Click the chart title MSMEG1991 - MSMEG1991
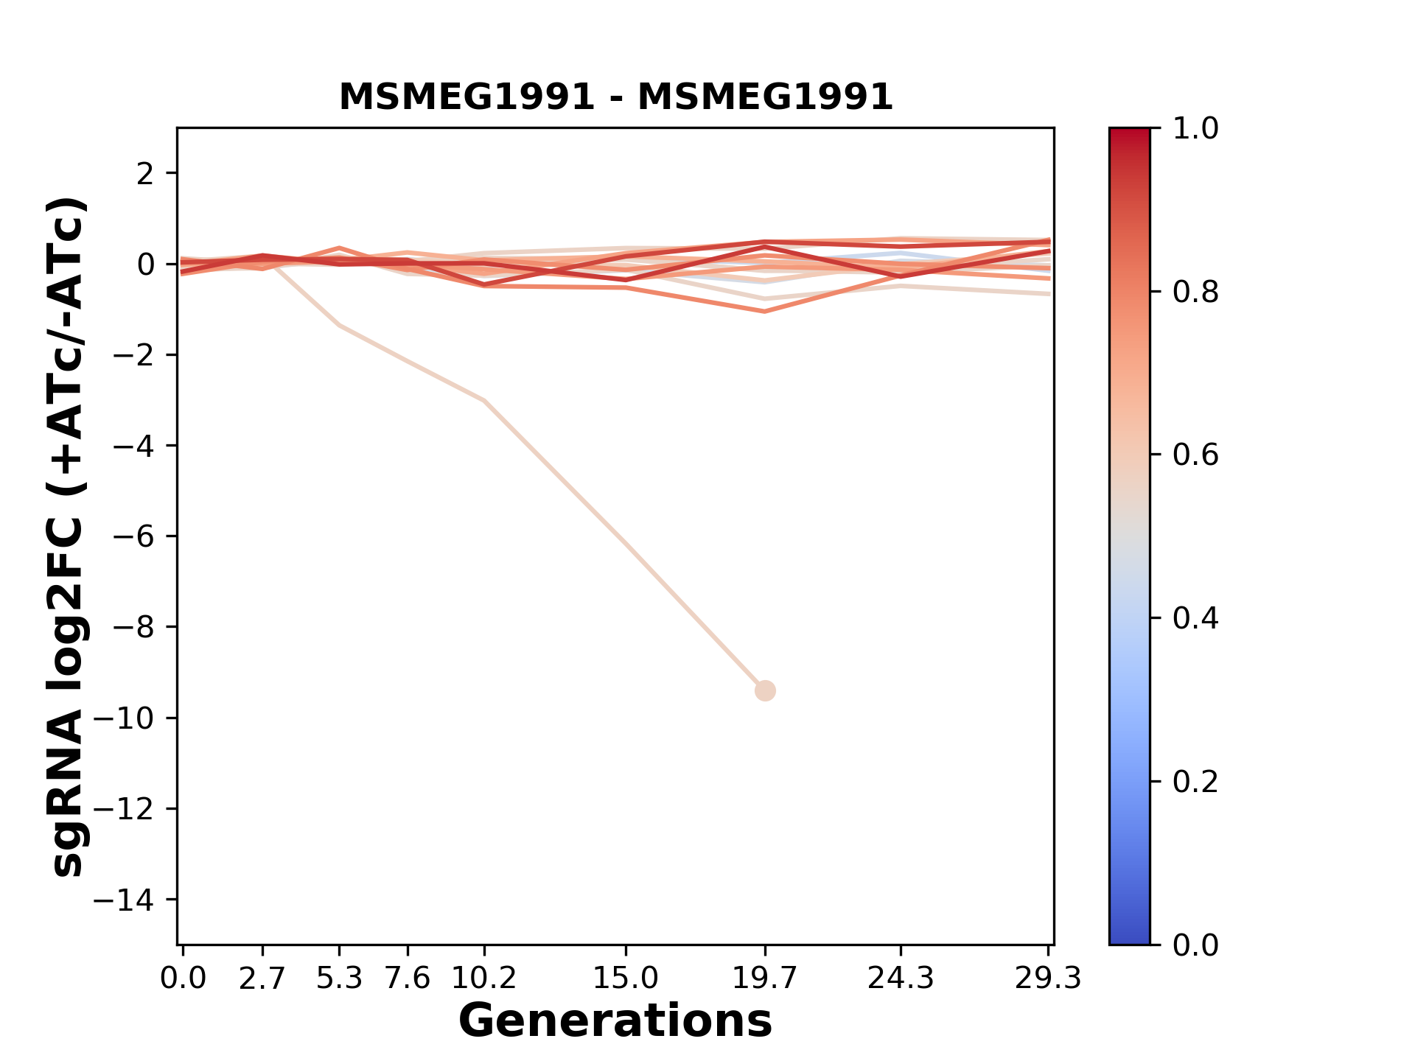pyautogui.click(x=615, y=97)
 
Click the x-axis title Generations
pyautogui.click(x=615, y=1021)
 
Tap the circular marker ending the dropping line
pyautogui.click(x=765, y=690)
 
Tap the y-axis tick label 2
pyautogui.click(x=146, y=174)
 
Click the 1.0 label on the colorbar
pyautogui.click(x=1195, y=129)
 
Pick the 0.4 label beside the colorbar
pyautogui.click(x=1195, y=618)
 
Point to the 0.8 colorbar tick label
pyautogui.click(x=1195, y=293)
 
